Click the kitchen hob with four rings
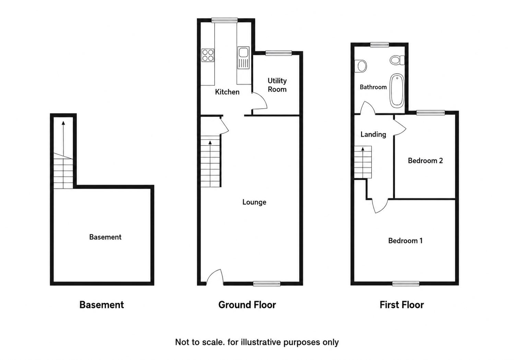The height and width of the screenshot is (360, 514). click(x=208, y=55)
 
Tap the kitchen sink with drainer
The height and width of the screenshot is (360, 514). click(x=244, y=58)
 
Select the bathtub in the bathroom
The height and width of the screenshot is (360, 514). click(x=397, y=91)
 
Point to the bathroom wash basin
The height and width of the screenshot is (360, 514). click(x=361, y=66)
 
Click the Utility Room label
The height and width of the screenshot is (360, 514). click(x=277, y=85)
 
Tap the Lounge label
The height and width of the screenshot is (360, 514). click(x=254, y=202)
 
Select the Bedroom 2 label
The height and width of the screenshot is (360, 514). click(x=425, y=160)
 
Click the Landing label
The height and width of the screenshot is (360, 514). click(x=373, y=134)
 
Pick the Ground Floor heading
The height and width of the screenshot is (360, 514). click(x=247, y=305)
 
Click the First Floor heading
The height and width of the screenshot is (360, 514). click(x=401, y=305)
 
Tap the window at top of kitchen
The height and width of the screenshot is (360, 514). click(x=224, y=21)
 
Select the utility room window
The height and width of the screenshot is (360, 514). click(x=279, y=53)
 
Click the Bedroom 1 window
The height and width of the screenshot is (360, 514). click(x=406, y=284)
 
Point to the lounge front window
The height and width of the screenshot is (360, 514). click(x=267, y=284)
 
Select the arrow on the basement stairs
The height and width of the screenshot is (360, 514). click(x=63, y=140)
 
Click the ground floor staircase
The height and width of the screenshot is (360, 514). click(x=210, y=161)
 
